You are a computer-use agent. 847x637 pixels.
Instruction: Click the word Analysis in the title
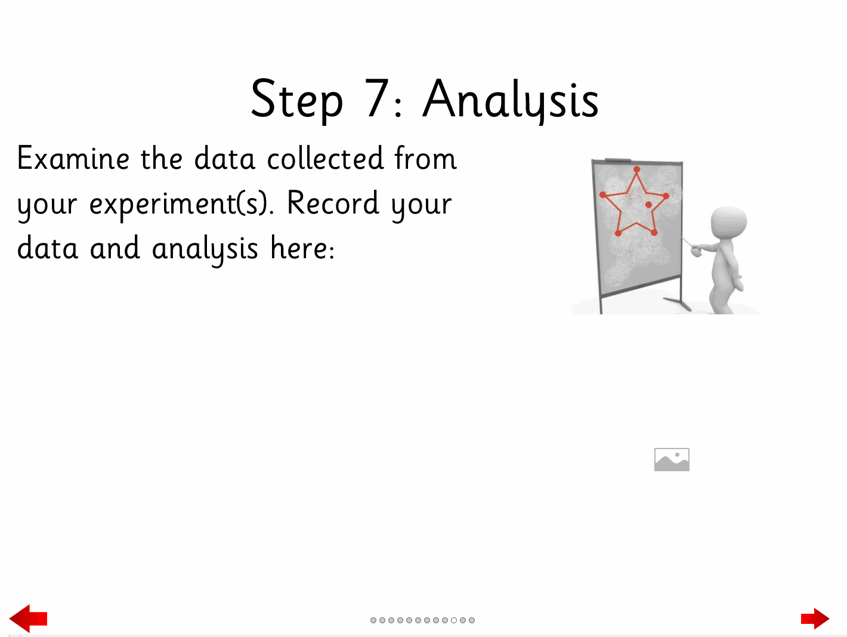click(511, 99)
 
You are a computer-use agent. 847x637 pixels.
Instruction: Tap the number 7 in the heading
click(376, 98)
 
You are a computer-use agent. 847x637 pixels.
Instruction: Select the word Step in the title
click(296, 99)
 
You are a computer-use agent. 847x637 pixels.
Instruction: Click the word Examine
click(73, 158)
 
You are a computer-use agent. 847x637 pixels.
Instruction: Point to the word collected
click(325, 158)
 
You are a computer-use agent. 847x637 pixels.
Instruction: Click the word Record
click(333, 203)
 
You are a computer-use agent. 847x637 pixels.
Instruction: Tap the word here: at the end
click(302, 248)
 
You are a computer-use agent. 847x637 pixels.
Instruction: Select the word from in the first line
click(426, 158)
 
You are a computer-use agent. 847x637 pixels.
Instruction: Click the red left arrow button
click(28, 619)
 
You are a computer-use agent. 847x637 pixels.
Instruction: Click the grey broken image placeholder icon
click(672, 459)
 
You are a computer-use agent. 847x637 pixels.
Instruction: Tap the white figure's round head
click(729, 223)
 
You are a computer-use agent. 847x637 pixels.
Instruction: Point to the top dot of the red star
click(636, 169)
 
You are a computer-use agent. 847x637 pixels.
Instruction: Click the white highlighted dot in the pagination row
click(454, 620)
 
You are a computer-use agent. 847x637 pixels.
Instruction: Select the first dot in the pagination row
click(373, 620)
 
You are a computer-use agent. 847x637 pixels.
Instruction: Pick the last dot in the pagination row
click(472, 620)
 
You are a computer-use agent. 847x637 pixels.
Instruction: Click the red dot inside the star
click(648, 205)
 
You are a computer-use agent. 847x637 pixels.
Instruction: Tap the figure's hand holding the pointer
click(695, 250)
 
